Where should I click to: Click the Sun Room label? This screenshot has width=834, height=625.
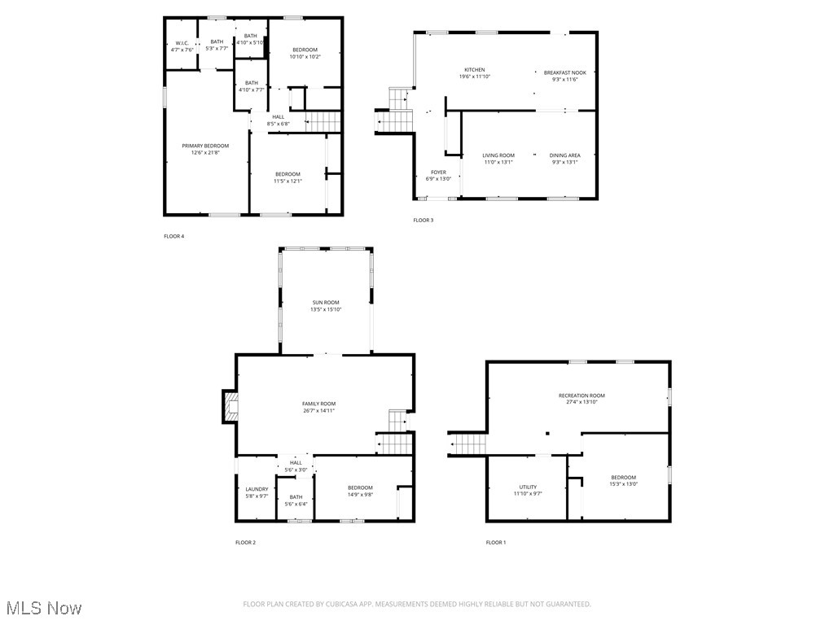point(325,302)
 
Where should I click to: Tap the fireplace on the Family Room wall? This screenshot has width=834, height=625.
point(230,407)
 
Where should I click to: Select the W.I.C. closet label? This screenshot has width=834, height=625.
point(182,43)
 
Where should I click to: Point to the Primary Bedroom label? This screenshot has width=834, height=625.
point(205,146)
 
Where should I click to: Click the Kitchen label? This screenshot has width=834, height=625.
point(475,70)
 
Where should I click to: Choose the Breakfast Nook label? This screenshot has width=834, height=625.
point(564,72)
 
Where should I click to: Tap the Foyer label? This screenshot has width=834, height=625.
point(438,172)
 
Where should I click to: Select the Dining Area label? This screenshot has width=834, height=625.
point(564,155)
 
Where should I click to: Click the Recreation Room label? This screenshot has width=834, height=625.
point(582,396)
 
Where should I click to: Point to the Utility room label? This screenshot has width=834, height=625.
point(528,487)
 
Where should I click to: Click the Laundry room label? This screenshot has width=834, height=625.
point(257,489)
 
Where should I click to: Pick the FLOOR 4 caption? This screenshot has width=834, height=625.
point(174,236)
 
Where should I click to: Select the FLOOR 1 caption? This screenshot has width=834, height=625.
point(495,542)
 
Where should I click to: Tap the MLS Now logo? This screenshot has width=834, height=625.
point(43,608)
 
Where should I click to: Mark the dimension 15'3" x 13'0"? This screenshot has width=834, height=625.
point(624,484)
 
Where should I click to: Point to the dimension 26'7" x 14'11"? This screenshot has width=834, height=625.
point(318,411)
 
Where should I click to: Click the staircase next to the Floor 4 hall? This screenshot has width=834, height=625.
point(323,122)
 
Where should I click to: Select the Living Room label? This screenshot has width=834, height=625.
point(498,155)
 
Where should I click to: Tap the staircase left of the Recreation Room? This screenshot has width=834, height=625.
point(469,444)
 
